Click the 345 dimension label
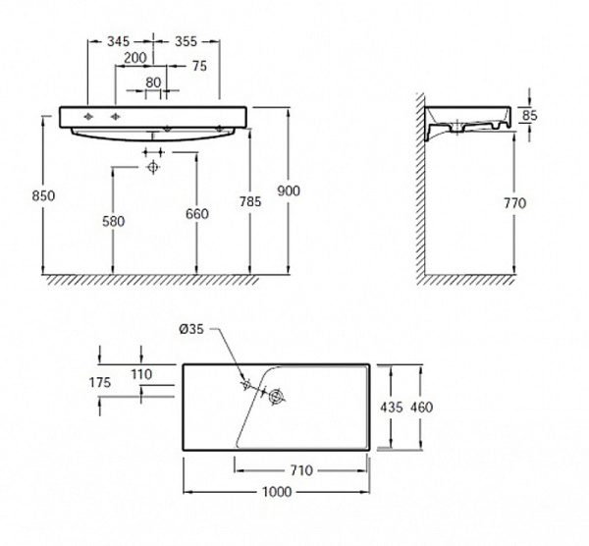[119, 41]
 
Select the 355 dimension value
[186, 41]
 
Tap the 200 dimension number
[135, 58]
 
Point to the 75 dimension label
[200, 66]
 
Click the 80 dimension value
[153, 82]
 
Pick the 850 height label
[43, 195]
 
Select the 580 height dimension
[114, 221]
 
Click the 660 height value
[197, 214]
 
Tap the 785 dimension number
[250, 201]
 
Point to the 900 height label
[289, 191]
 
